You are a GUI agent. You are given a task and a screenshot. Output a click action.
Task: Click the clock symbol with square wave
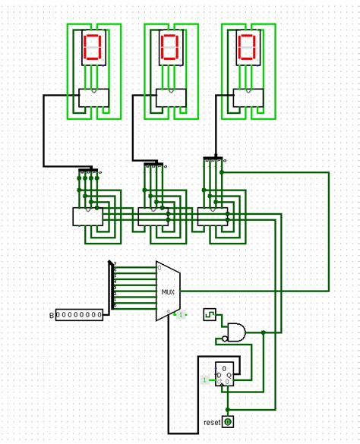pos(209,313)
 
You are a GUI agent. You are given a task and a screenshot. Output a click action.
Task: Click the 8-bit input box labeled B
pos(80,314)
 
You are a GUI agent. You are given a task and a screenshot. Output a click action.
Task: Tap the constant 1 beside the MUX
pos(182,313)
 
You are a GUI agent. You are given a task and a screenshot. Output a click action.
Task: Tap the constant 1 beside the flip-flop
pos(205,379)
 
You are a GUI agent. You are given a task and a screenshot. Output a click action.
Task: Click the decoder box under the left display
pos(93,98)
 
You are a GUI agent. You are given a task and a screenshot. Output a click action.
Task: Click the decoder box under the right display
pos(247,98)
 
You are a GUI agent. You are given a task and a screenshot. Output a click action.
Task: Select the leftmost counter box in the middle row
pos(87,216)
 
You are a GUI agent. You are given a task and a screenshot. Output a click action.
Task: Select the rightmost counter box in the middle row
pos(212,216)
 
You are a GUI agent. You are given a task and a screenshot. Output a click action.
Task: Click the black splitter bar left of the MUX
pos(112,285)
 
